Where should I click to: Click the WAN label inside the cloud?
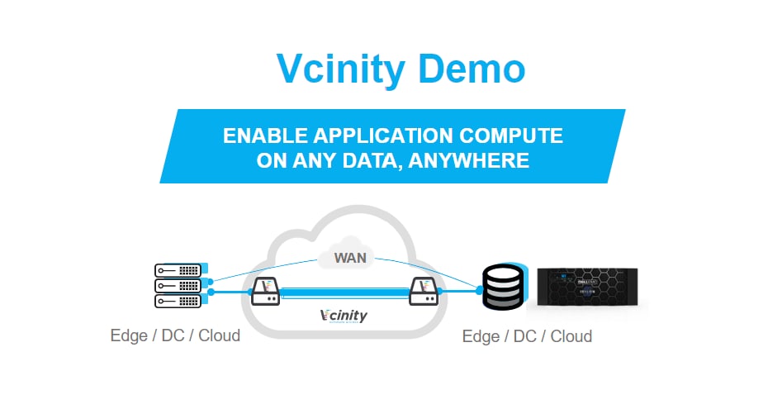tap(350, 258)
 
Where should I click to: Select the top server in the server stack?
tap(178, 270)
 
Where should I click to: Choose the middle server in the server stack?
tap(178, 285)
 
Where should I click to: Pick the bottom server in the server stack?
tap(178, 301)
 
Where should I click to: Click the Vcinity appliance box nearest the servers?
tap(263, 290)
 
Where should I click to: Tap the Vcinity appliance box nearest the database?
tap(423, 290)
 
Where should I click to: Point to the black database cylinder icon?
tap(503, 287)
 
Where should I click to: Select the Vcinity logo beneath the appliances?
tap(344, 316)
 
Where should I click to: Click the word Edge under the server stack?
tap(129, 336)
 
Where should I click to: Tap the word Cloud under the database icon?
tap(571, 336)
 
